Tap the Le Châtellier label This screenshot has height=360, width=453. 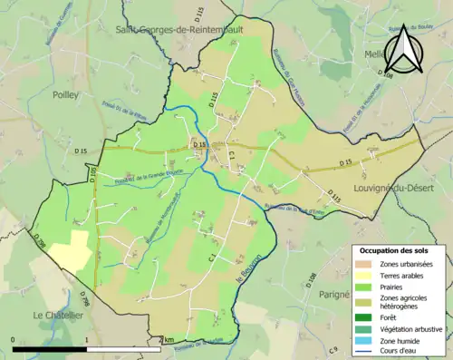[x=58, y=315]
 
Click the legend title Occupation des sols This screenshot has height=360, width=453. [x=394, y=249]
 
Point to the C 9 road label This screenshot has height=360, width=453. [x=333, y=350]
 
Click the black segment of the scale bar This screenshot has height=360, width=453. [x=49, y=349]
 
